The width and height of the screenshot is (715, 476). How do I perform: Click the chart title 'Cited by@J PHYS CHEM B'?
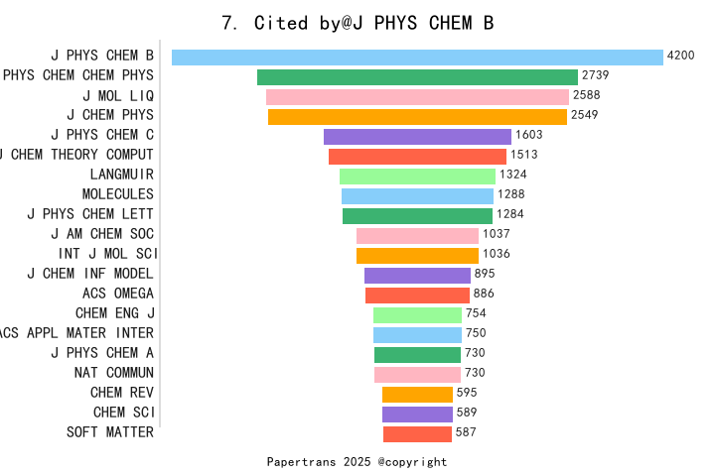pyautogui.click(x=357, y=23)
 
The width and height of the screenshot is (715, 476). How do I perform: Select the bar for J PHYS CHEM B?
pyautogui.click(x=417, y=58)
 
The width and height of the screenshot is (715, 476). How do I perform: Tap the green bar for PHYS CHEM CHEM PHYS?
pyautogui.click(x=417, y=77)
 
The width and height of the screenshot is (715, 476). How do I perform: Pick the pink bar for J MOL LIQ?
pyautogui.click(x=417, y=97)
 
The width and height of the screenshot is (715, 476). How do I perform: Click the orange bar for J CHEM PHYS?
pyautogui.click(x=417, y=117)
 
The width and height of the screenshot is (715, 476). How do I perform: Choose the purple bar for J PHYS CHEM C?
pyautogui.click(x=417, y=137)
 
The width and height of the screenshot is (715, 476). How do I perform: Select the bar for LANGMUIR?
pyautogui.click(x=417, y=176)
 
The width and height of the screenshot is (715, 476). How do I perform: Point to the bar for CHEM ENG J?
pyautogui.click(x=417, y=314)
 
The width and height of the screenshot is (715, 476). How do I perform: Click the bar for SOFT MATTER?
pyautogui.click(x=417, y=433)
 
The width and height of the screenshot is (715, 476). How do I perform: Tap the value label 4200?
pyautogui.click(x=680, y=57)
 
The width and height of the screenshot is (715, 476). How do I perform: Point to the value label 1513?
pyautogui.click(x=524, y=156)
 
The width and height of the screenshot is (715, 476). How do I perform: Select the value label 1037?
pyautogui.click(x=496, y=235)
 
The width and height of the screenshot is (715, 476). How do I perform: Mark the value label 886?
pyautogui.click(x=484, y=295)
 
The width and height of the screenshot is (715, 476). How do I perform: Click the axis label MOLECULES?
pyautogui.click(x=118, y=194)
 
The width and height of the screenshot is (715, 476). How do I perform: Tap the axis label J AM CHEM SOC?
pyautogui.click(x=102, y=234)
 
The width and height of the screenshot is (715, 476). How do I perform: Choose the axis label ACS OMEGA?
pyautogui.click(x=118, y=294)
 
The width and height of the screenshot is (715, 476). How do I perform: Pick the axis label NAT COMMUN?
pyautogui.click(x=114, y=373)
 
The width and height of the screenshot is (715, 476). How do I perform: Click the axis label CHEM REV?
pyautogui.click(x=122, y=393)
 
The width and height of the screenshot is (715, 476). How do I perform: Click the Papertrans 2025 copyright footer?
pyautogui.click(x=357, y=462)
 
